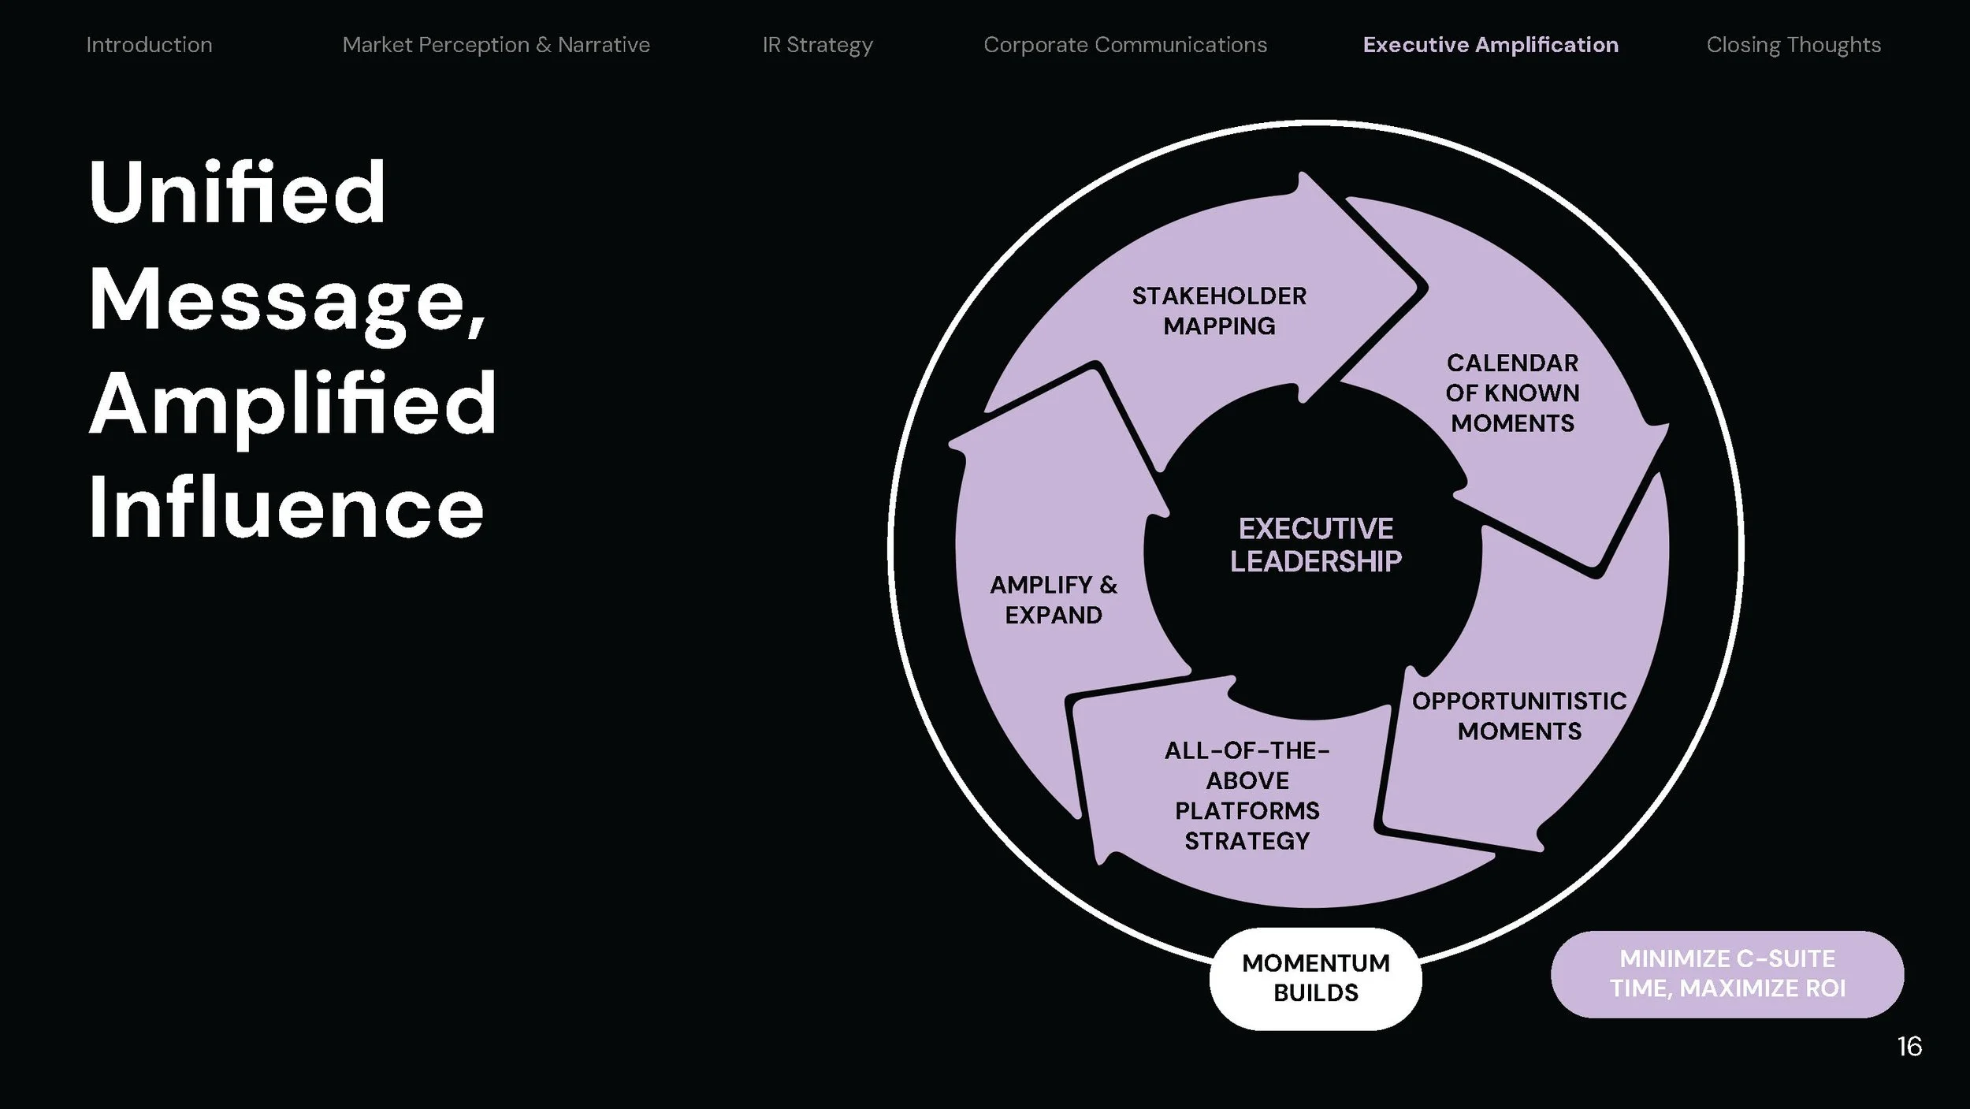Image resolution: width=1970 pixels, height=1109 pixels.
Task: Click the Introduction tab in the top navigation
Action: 149,45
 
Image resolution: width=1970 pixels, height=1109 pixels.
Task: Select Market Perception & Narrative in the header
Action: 496,45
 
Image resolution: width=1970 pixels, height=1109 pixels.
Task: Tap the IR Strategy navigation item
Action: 817,45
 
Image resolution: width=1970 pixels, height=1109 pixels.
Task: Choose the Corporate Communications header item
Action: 1124,45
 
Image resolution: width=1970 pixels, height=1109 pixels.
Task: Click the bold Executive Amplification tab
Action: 1490,45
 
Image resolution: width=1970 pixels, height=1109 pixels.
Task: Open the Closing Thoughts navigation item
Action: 1793,45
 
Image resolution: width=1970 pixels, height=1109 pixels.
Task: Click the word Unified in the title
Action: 237,192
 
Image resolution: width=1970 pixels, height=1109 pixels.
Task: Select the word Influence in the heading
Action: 285,508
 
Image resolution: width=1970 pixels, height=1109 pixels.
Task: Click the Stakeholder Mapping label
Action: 1219,311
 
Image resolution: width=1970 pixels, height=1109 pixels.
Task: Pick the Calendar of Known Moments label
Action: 1512,393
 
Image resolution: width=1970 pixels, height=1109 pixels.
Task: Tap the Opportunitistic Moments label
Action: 1518,716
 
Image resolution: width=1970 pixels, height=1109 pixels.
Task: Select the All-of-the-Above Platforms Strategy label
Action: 1247,795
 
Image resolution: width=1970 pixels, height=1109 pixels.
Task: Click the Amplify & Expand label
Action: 1054,600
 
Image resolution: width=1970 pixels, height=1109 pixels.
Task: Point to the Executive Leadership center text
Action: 1315,545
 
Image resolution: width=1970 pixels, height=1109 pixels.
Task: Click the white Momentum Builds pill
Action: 1315,978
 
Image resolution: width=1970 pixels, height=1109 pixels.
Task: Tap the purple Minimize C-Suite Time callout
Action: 1727,973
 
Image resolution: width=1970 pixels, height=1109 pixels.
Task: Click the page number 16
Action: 1909,1046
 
